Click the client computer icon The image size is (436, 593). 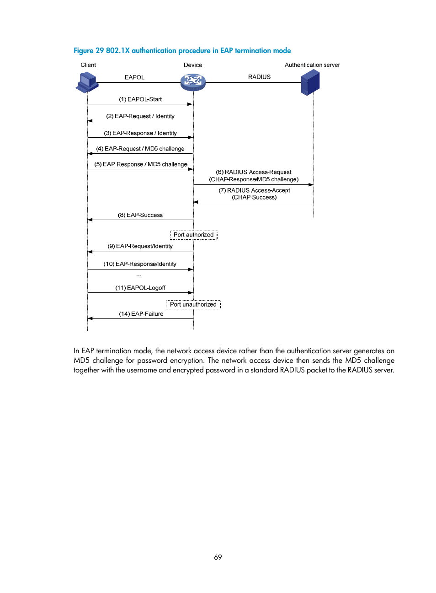click(87, 82)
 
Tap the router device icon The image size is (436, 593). click(193, 82)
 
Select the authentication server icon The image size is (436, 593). click(310, 82)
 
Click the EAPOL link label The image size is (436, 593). click(134, 77)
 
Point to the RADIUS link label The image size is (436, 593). click(259, 77)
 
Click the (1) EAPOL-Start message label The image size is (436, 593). click(140, 99)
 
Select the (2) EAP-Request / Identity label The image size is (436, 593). click(140, 116)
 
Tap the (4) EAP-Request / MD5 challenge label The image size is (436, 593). click(140, 149)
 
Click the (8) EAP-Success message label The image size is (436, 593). click(140, 215)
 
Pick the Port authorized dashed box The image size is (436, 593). click(193, 235)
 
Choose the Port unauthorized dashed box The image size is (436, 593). click(193, 304)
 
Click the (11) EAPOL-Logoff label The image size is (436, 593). click(140, 288)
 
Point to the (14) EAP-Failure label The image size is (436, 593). click(141, 314)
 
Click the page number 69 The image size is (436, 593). click(218, 557)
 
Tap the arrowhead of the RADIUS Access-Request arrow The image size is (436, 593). click(311, 185)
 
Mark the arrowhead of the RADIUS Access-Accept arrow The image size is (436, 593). click(196, 202)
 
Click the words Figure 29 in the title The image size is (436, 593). click(89, 51)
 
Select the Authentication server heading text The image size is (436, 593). click(312, 65)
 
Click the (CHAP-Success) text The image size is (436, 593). click(254, 197)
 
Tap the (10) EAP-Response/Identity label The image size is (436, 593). click(140, 264)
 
